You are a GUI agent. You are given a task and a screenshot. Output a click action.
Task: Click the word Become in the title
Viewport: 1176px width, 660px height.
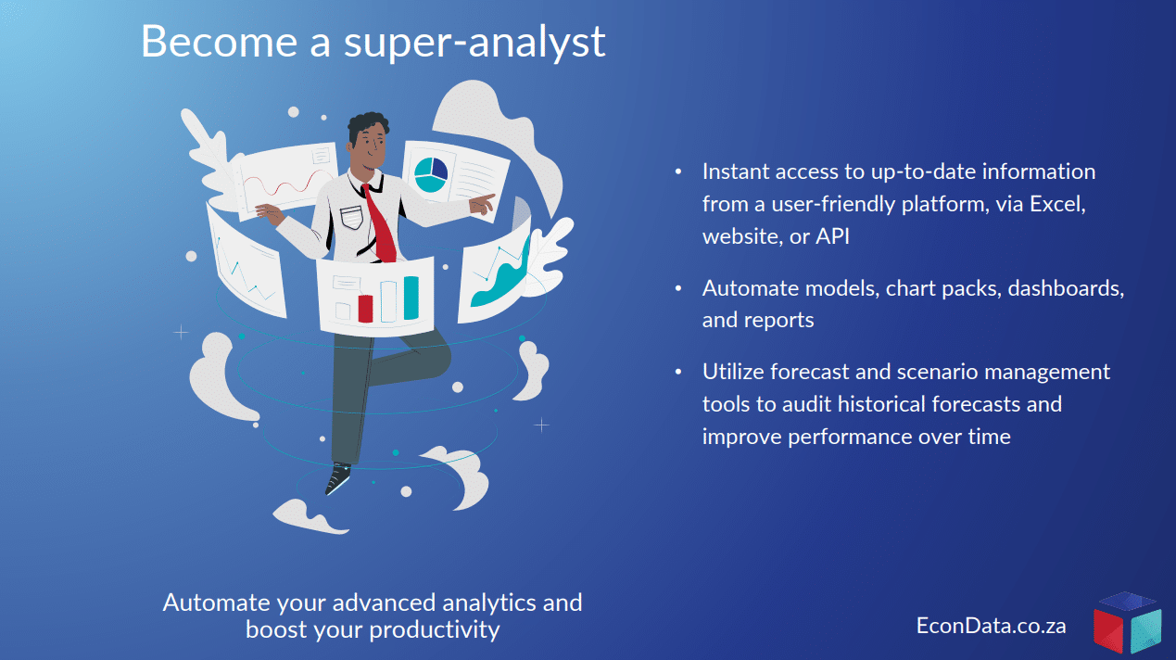tap(220, 42)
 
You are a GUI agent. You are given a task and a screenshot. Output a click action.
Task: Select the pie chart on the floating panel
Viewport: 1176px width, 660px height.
tap(431, 175)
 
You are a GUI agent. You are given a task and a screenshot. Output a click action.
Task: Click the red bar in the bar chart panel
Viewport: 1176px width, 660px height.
tap(365, 309)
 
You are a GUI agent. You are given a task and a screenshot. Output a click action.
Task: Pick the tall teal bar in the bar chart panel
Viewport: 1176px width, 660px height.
tap(411, 298)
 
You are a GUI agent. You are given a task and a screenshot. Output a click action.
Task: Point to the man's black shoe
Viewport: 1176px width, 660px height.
tap(337, 478)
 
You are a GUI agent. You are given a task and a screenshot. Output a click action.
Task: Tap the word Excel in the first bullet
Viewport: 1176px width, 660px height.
tap(1057, 204)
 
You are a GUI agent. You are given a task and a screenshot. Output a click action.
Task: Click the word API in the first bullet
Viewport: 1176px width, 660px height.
tap(832, 236)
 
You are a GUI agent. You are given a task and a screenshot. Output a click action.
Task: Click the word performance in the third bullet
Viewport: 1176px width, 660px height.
tap(858, 438)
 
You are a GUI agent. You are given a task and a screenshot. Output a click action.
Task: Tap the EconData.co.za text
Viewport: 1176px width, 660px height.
tap(992, 626)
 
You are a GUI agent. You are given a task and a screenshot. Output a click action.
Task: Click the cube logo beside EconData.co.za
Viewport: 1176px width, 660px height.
tap(1127, 624)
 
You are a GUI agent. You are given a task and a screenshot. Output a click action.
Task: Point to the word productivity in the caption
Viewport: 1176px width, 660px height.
tap(435, 630)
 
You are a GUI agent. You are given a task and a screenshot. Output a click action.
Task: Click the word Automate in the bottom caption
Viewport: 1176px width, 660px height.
tap(217, 603)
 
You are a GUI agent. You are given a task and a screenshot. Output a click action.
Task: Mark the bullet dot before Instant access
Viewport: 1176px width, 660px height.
tap(678, 171)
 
